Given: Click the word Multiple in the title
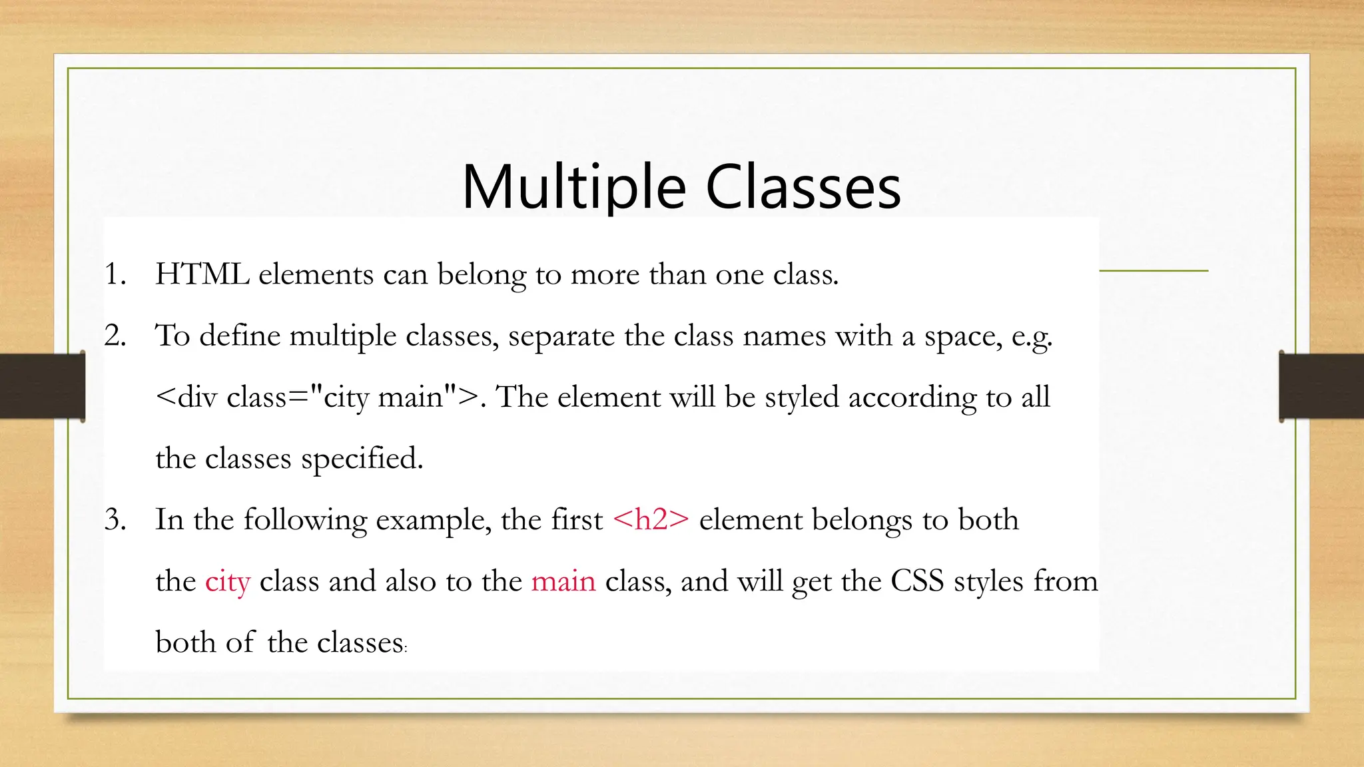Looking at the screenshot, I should pos(573,188).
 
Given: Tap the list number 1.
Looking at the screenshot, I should pos(115,274).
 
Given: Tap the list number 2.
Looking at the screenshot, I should pos(115,336).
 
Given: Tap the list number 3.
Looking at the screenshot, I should pos(115,520).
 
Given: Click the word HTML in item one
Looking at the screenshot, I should pos(202,274).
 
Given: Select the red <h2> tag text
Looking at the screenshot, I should pos(651,520).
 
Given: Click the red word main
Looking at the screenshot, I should pos(563,581).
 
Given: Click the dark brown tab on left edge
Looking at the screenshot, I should pos(42,386).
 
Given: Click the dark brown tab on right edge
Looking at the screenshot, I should pos(1321,386).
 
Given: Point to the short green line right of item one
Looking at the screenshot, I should pos(1153,271).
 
